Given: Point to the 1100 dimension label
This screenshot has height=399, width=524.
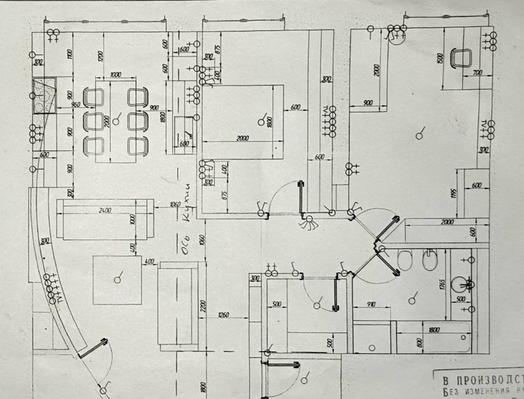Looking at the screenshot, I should (69, 54).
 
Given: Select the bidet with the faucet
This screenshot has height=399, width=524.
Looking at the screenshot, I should (430, 260).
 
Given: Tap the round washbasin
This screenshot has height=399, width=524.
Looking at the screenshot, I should (462, 284).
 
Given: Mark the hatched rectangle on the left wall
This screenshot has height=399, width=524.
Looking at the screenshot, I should (45, 96).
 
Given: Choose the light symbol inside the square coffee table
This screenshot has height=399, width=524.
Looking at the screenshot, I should (117, 279).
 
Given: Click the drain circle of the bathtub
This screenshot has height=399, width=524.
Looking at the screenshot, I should (372, 347).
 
